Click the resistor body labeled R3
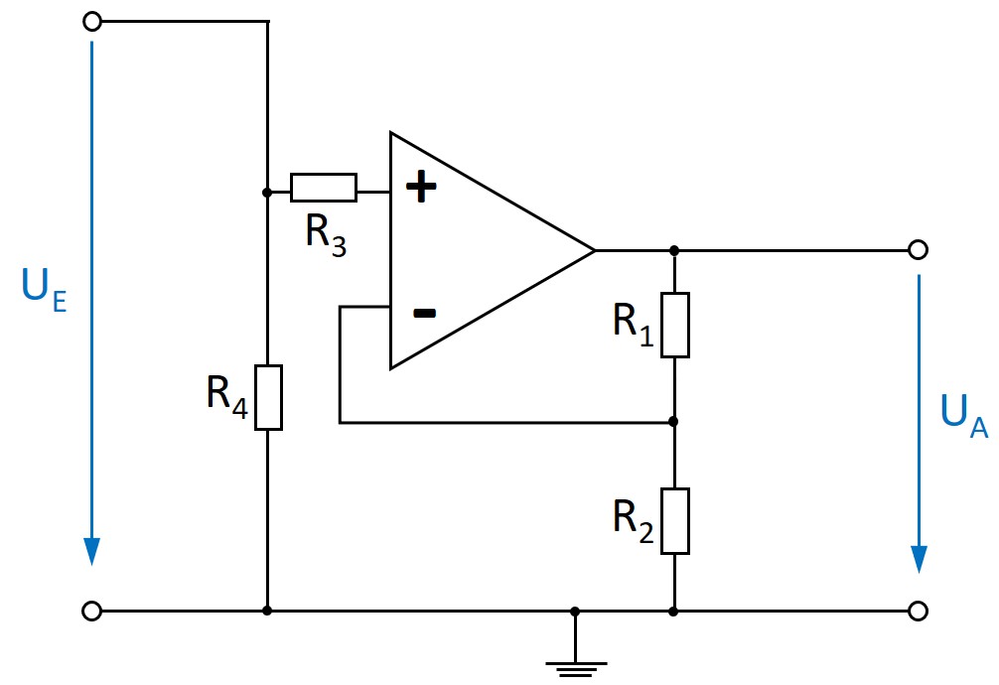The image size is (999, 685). pyautogui.click(x=323, y=187)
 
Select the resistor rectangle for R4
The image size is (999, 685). pyautogui.click(x=268, y=397)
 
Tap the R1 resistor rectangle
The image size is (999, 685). pyautogui.click(x=675, y=325)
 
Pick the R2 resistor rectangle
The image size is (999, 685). pyautogui.click(x=675, y=520)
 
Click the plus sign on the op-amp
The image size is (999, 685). pyautogui.click(x=422, y=187)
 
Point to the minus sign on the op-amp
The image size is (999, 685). pyautogui.click(x=424, y=314)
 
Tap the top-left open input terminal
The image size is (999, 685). pyautogui.click(x=92, y=22)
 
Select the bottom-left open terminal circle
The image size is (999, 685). pyautogui.click(x=92, y=612)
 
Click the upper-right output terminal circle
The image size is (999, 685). pyautogui.click(x=919, y=249)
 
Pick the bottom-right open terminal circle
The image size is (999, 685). pyautogui.click(x=919, y=612)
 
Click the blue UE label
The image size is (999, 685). pyautogui.click(x=44, y=289)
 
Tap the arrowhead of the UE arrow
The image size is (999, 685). pyautogui.click(x=92, y=551)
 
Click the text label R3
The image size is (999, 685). pyautogui.click(x=326, y=236)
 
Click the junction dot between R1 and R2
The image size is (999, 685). pyautogui.click(x=674, y=422)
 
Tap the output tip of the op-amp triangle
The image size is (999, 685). pyautogui.click(x=594, y=249)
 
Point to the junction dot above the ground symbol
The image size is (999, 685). pyautogui.click(x=575, y=612)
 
